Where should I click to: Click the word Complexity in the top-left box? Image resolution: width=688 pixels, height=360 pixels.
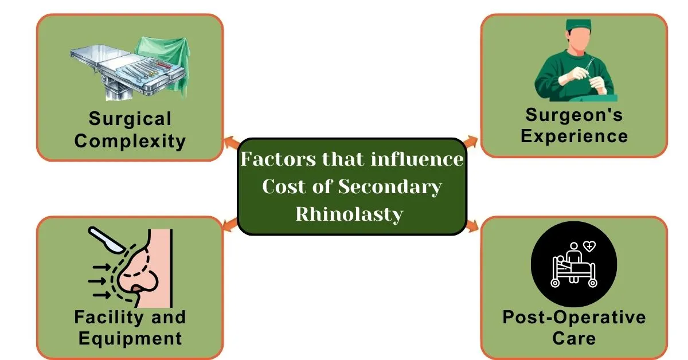click(130, 140)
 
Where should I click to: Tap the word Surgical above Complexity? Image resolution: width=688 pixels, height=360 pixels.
click(130, 119)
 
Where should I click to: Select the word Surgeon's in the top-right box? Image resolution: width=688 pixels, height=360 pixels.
click(574, 115)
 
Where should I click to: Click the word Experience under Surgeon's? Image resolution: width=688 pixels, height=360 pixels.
click(574, 136)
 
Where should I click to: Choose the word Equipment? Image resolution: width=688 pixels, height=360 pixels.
click(130, 338)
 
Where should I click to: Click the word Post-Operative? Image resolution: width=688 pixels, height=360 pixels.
click(574, 317)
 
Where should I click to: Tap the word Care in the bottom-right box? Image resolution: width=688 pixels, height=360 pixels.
click(574, 338)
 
